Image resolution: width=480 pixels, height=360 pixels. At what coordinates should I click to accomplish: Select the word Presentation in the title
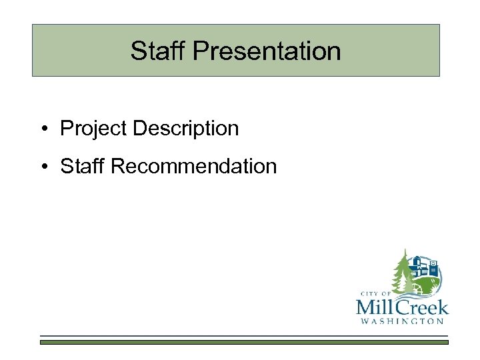266,51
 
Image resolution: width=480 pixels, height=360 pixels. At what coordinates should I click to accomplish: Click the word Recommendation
193,166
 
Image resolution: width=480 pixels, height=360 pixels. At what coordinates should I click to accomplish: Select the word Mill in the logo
376,307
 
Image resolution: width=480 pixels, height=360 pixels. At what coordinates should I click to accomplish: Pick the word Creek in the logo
423,307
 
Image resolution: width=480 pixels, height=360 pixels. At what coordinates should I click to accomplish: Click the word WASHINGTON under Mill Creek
402,321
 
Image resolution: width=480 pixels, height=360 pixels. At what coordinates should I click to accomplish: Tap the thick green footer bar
244,342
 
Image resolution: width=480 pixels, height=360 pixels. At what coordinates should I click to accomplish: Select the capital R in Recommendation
117,166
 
